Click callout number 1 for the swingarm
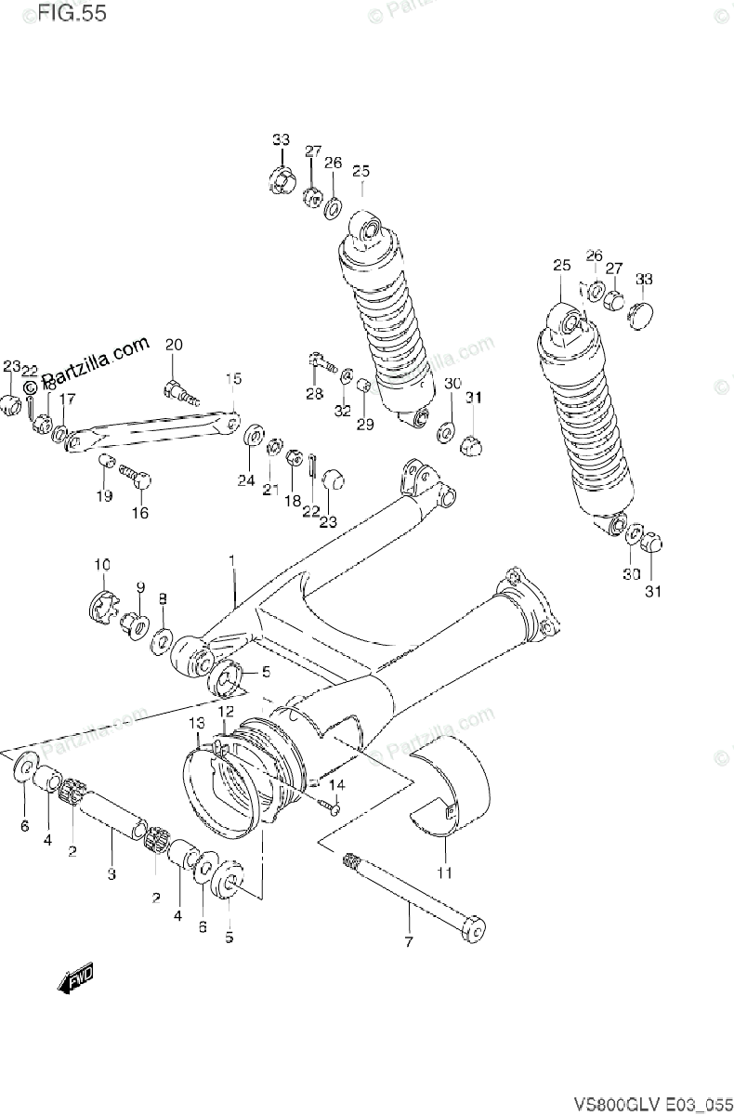coord(232,561)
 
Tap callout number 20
coord(174,346)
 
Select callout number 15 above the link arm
coord(232,378)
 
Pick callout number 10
coord(101,564)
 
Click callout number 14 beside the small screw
coord(335,785)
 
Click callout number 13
coord(197,723)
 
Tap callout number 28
coord(314,394)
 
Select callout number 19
coord(103,495)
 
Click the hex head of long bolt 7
coord(474,929)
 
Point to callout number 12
coord(225,711)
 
